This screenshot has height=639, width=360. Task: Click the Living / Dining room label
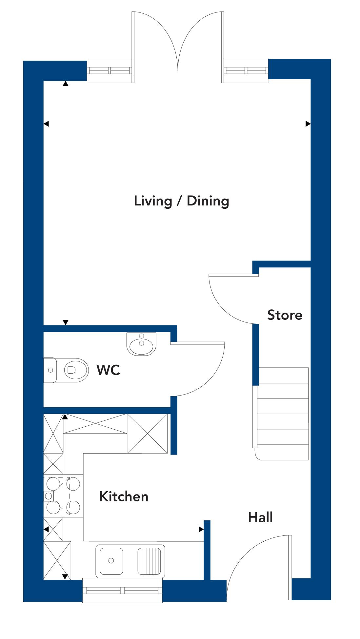pyautogui.click(x=181, y=201)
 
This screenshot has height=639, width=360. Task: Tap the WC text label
pyautogui.click(x=108, y=370)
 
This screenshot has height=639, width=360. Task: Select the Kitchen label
pyautogui.click(x=124, y=496)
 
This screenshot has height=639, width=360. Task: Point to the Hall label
pyautogui.click(x=260, y=517)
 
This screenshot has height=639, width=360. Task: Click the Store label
pyautogui.click(x=285, y=315)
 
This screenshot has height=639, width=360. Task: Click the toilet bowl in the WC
pyautogui.click(x=76, y=370)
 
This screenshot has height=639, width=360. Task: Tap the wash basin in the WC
pyautogui.click(x=141, y=344)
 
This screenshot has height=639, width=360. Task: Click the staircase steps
pyautogui.click(x=283, y=414)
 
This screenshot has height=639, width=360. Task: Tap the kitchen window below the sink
pyautogui.click(x=122, y=591)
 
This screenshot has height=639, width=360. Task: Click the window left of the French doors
pyautogui.click(x=110, y=70)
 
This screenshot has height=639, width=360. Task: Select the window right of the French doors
pyautogui.click(x=246, y=70)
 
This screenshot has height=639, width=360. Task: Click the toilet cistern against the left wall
pyautogui.click(x=50, y=370)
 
